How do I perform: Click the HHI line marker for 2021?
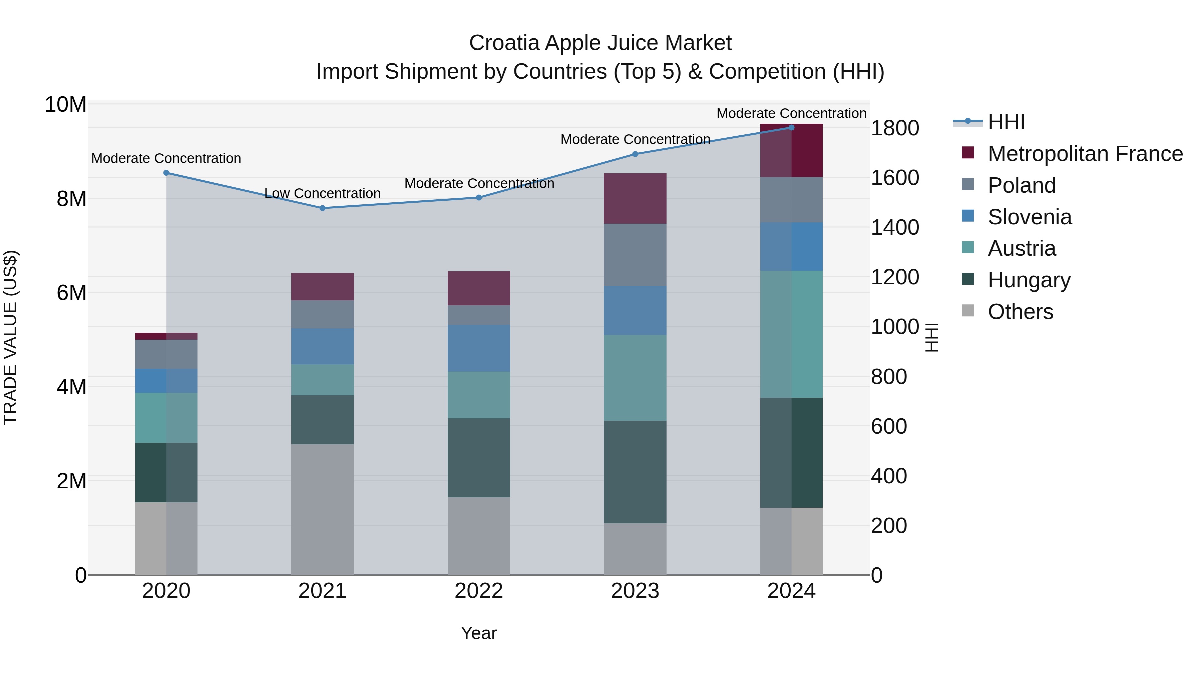tap(322, 208)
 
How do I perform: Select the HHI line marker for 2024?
tap(791, 128)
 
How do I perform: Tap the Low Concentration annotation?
tap(322, 193)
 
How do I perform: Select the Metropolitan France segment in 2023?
tap(635, 198)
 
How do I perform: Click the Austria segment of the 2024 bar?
tap(791, 334)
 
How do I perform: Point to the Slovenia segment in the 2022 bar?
tap(478, 348)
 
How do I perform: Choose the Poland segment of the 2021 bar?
tap(322, 314)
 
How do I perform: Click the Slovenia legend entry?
tap(1030, 217)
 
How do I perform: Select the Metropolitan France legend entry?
tap(1085, 154)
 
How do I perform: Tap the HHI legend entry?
tap(1006, 122)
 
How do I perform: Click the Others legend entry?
tap(1020, 312)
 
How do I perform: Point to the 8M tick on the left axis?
tap(71, 199)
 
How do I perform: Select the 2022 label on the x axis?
tap(478, 591)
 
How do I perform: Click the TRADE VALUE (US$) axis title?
tap(11, 337)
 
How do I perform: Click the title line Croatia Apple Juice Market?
tap(600, 43)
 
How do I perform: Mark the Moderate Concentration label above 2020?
tap(166, 158)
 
